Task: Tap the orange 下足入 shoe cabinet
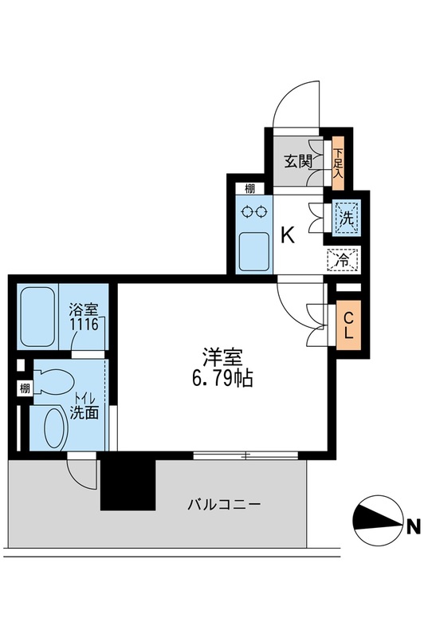coord(338,162)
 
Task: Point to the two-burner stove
coord(254,212)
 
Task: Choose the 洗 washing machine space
coord(346,217)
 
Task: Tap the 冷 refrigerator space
coord(344,259)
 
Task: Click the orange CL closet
coord(348,325)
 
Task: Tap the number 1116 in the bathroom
coord(83,325)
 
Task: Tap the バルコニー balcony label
coord(224,505)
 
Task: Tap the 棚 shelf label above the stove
coord(249,188)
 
